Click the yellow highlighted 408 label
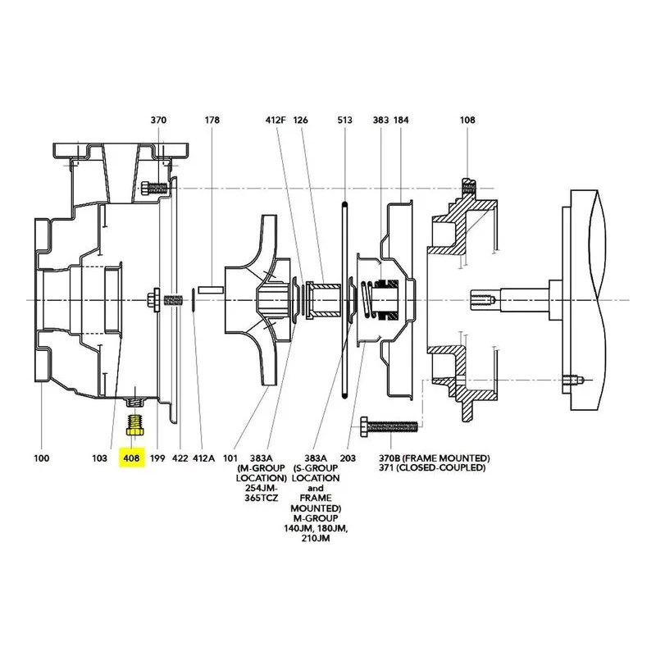point(131,458)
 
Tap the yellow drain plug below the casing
point(135,425)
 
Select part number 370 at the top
point(158,120)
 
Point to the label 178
point(212,120)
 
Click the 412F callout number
point(276,120)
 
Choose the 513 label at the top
point(344,120)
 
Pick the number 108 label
point(467,120)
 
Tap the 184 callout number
point(401,120)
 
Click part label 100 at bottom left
point(42,458)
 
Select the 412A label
point(203,458)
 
